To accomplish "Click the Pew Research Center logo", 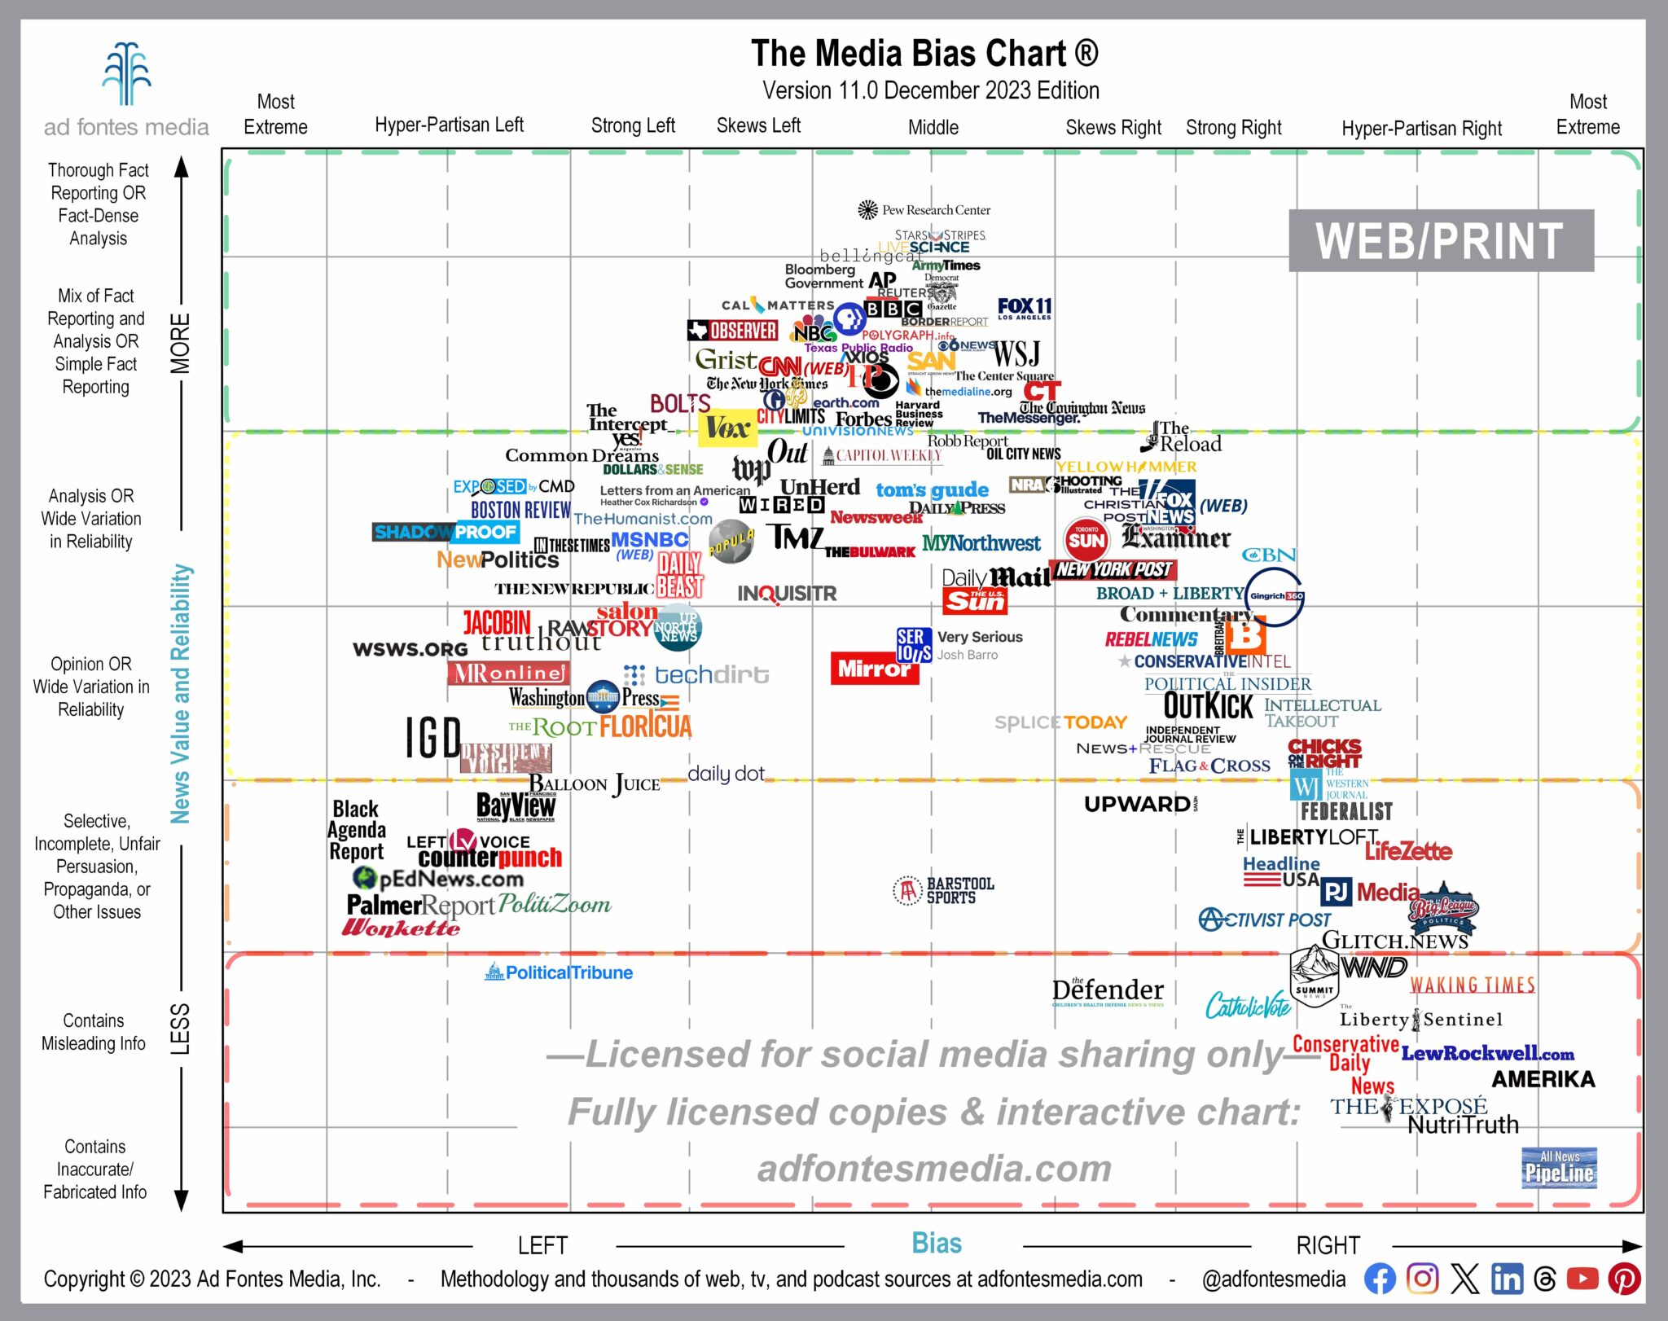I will coord(924,210).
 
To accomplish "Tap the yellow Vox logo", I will coord(726,428).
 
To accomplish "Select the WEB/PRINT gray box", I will coord(1440,241).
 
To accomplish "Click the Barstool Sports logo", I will coord(944,890).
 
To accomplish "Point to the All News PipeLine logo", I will coord(1558,1168).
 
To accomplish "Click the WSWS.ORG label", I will coord(410,649).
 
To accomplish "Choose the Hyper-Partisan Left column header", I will coord(449,125).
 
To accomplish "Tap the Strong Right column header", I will coord(1233,128).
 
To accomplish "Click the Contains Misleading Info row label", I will coord(94,1032).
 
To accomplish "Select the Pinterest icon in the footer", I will coord(1623,1279).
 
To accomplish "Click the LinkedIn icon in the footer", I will coord(1506,1279).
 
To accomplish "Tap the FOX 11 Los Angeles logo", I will coord(1025,308).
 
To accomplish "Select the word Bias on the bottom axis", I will coord(936,1244).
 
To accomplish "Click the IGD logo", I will coord(433,738).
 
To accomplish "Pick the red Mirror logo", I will coord(874,669).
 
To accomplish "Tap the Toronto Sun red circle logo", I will coord(1086,539).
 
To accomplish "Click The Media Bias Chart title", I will coord(924,54).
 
